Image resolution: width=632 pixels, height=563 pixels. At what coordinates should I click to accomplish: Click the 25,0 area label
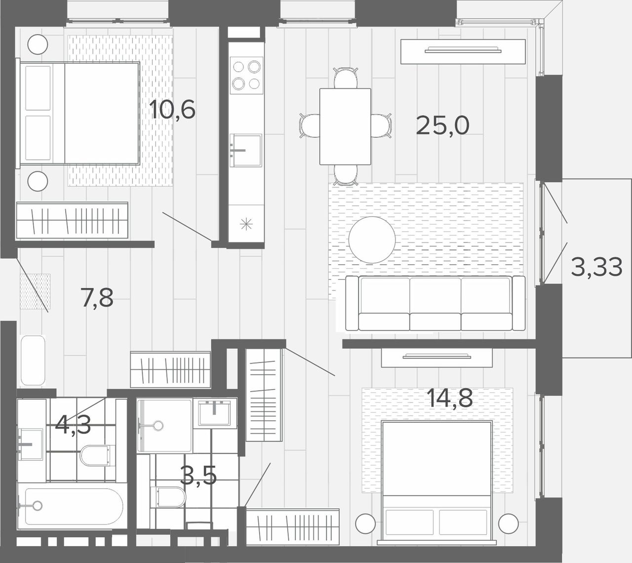(442, 125)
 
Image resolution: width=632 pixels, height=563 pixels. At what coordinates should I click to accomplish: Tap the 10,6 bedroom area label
(172, 109)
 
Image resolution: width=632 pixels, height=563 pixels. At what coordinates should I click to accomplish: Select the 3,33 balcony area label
(596, 267)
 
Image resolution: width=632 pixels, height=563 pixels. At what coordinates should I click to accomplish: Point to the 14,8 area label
(450, 398)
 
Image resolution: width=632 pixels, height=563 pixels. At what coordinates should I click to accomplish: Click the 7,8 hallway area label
(97, 297)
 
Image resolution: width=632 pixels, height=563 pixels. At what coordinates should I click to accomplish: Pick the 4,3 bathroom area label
(73, 425)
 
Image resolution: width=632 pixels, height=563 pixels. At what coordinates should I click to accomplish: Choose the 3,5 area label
(198, 475)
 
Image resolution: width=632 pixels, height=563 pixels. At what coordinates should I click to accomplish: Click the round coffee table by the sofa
(372, 240)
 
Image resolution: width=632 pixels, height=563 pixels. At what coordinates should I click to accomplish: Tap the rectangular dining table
(345, 126)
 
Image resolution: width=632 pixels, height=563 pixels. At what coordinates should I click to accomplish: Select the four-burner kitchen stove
(246, 75)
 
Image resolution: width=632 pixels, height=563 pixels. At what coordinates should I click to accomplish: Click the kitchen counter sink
(245, 151)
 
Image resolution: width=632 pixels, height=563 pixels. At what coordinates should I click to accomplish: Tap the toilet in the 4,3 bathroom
(96, 455)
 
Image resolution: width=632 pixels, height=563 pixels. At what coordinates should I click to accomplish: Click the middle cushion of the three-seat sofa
(435, 303)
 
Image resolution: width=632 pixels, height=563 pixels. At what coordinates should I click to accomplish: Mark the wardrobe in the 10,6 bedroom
(72, 220)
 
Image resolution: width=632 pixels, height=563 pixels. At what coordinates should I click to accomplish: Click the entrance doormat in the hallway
(35, 291)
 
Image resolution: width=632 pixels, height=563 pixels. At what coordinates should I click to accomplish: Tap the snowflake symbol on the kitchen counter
(246, 224)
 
